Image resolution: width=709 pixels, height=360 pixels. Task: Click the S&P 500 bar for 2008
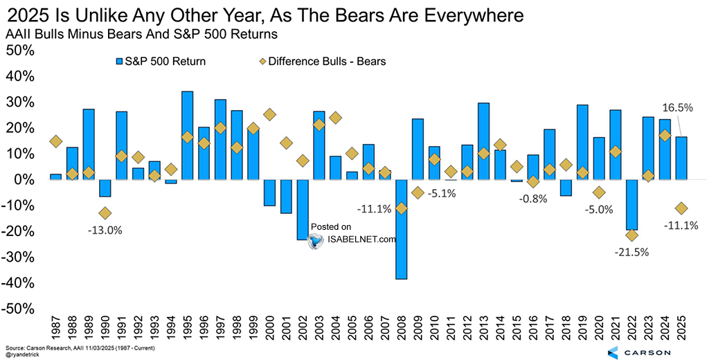401,228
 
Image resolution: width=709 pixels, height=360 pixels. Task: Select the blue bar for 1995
187,135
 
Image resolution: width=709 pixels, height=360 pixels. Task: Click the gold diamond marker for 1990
105,213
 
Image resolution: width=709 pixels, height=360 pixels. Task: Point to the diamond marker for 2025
681,208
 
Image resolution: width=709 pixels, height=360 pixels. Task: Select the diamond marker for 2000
270,115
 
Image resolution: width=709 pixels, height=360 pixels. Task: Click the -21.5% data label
631,252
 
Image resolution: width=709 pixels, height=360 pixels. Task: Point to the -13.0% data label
105,230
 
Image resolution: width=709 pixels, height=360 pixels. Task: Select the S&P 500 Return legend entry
161,62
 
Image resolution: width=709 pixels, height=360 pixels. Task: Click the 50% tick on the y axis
21,51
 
